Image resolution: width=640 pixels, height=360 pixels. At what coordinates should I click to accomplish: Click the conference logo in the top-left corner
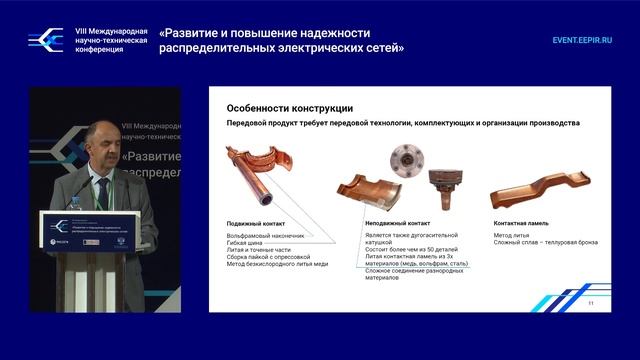(45, 39)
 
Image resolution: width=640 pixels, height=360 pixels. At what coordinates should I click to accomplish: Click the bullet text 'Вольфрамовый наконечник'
(266, 235)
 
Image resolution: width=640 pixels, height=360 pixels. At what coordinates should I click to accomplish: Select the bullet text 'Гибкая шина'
(247, 243)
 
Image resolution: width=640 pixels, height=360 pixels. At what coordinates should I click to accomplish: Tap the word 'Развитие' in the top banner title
(203, 30)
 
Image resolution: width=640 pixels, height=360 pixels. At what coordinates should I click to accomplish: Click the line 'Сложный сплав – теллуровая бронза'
(546, 243)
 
